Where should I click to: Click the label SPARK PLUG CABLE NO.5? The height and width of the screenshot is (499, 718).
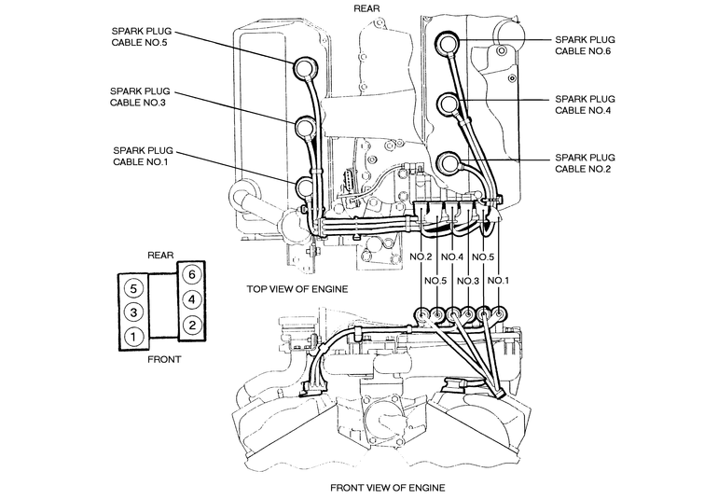coord(142,37)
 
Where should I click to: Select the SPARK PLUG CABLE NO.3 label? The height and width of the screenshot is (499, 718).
coord(140,97)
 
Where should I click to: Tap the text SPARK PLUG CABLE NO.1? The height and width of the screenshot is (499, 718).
coord(143,157)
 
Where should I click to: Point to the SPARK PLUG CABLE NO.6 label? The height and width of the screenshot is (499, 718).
coord(585,46)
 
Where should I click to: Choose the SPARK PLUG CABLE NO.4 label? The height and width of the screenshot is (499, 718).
coord(585,104)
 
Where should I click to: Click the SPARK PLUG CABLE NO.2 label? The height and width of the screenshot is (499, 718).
coord(585,163)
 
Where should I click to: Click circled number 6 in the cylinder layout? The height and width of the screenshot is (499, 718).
coord(191,274)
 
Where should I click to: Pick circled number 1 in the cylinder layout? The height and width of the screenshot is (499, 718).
coord(133,338)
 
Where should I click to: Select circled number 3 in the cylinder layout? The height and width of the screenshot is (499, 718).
coord(133,312)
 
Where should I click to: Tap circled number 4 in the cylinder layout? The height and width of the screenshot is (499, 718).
coord(191,299)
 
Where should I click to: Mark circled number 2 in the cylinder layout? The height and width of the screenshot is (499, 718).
coord(191,326)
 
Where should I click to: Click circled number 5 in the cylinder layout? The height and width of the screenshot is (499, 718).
coord(133,289)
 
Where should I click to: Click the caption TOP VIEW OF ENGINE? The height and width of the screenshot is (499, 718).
coord(297,289)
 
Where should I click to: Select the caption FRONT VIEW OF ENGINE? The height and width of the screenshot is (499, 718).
coord(387,488)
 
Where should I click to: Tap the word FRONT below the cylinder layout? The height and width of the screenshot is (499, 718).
coord(164,360)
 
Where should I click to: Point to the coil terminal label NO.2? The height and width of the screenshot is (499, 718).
coord(421,257)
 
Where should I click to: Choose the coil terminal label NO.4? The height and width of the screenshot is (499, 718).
coord(452,257)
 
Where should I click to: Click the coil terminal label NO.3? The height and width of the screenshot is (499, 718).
coord(468,281)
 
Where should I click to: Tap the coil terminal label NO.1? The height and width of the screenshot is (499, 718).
coord(498,280)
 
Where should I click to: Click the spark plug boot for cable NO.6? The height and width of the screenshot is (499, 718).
coord(448,43)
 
